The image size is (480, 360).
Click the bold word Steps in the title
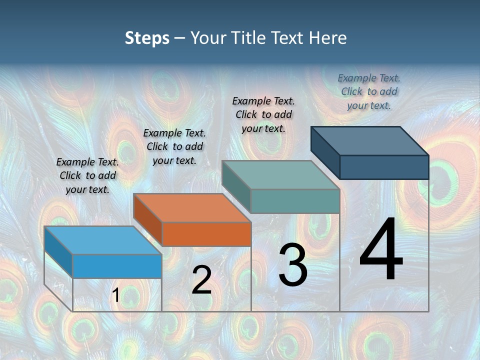click(x=147, y=38)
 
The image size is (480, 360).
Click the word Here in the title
click(x=327, y=38)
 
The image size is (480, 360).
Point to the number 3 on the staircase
click(x=293, y=265)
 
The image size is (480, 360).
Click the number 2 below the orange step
click(x=201, y=280)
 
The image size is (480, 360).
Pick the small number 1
click(x=115, y=295)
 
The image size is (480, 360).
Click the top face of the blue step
click(x=103, y=240)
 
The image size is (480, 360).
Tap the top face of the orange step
click(x=192, y=207)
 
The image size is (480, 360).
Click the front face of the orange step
click(x=206, y=234)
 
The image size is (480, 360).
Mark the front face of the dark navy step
click(x=384, y=167)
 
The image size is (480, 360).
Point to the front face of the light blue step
click(x=117, y=266)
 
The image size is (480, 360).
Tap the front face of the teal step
click(x=295, y=201)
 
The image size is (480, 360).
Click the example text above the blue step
click(x=87, y=175)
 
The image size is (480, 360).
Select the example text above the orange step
click(x=174, y=146)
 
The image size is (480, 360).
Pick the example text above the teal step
click(x=263, y=114)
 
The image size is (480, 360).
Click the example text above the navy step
click(x=369, y=91)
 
